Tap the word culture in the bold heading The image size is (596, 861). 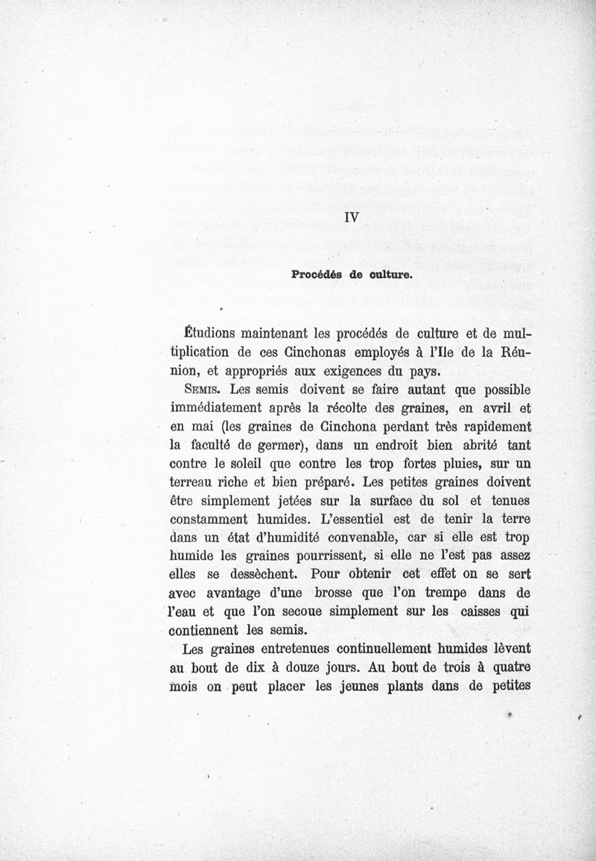pyautogui.click(x=385, y=273)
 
